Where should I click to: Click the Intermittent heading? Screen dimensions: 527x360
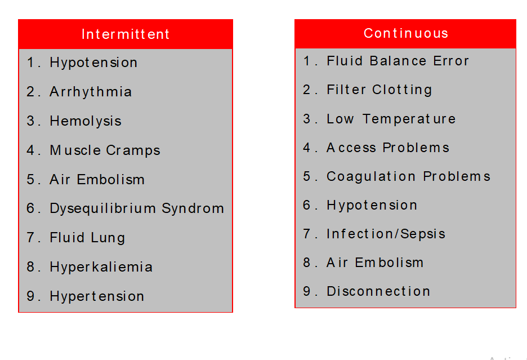(126, 34)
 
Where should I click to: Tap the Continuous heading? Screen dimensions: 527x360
(406, 33)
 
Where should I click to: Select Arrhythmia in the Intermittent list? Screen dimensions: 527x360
(91, 92)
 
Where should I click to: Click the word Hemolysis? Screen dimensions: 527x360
(86, 121)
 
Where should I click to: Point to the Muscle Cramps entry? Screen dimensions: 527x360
(105, 150)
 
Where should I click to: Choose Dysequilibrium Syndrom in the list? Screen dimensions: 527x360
(137, 208)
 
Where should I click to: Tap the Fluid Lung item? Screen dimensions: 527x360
(87, 238)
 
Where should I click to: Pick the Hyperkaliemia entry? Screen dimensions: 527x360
(101, 267)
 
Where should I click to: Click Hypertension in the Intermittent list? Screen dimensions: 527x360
(97, 296)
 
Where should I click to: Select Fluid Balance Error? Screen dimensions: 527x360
(398, 61)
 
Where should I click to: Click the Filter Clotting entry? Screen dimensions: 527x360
(379, 90)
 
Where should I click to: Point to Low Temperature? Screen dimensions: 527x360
(391, 119)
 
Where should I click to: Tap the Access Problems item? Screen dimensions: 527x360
(388, 148)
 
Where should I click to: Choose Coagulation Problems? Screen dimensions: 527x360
(408, 176)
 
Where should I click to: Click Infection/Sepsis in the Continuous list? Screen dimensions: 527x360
(386, 234)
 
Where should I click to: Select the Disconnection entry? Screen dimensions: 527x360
(378, 291)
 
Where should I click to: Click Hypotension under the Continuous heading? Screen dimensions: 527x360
(372, 205)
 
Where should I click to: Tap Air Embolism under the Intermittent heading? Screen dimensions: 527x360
(97, 179)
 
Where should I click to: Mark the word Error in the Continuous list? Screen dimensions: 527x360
(450, 61)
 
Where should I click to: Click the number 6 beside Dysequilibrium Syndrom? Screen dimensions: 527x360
(30, 208)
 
